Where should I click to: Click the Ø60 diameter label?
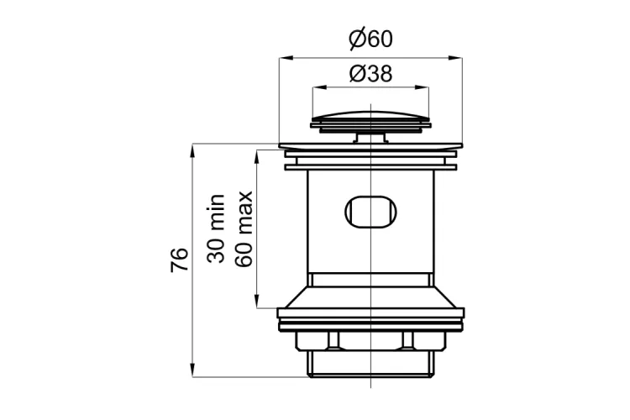click(x=370, y=39)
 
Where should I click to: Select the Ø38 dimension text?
click(x=370, y=74)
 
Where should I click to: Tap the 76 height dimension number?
click(x=179, y=260)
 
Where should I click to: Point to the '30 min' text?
click(x=216, y=228)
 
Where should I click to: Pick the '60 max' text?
click(x=244, y=228)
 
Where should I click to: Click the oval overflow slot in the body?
click(x=370, y=212)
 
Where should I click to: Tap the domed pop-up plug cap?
click(x=370, y=118)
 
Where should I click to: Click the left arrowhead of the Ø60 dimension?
click(x=286, y=58)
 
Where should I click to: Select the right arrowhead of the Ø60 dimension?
click(x=455, y=58)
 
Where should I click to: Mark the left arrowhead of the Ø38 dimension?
click(x=318, y=87)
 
